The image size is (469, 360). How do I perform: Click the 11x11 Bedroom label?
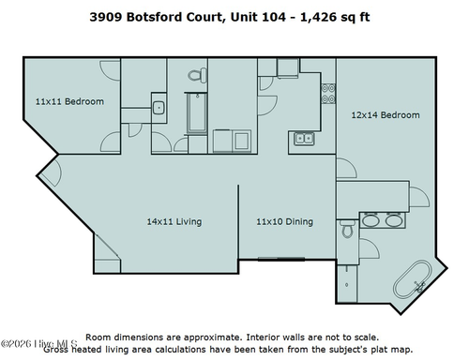click(x=69, y=101)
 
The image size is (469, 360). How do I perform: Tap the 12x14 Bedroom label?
click(x=386, y=115)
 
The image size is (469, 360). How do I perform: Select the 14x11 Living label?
click(x=174, y=222)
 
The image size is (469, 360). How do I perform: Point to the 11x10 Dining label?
click(x=285, y=222)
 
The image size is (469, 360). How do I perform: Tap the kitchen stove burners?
click(x=329, y=93)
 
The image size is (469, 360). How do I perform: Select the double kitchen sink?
click(x=304, y=139)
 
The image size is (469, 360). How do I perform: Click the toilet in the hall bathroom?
click(x=195, y=75)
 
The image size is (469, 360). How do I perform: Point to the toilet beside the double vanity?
click(x=347, y=228)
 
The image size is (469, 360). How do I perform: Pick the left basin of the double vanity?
click(x=370, y=222)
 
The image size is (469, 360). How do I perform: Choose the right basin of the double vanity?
click(x=393, y=222)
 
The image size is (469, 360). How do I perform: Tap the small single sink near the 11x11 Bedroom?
click(x=159, y=107)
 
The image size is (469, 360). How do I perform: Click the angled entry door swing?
click(x=51, y=172)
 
